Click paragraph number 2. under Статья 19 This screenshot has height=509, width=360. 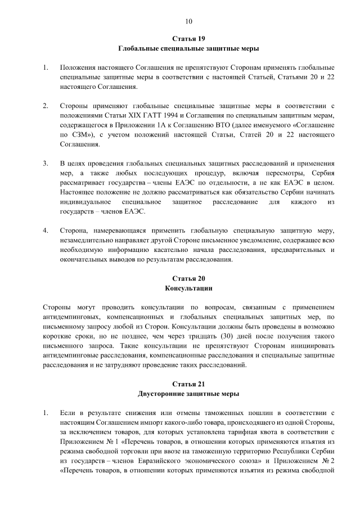(x=45, y=105)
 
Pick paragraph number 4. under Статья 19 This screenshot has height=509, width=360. (x=45, y=231)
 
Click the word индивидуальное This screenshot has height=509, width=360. (x=85, y=202)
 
